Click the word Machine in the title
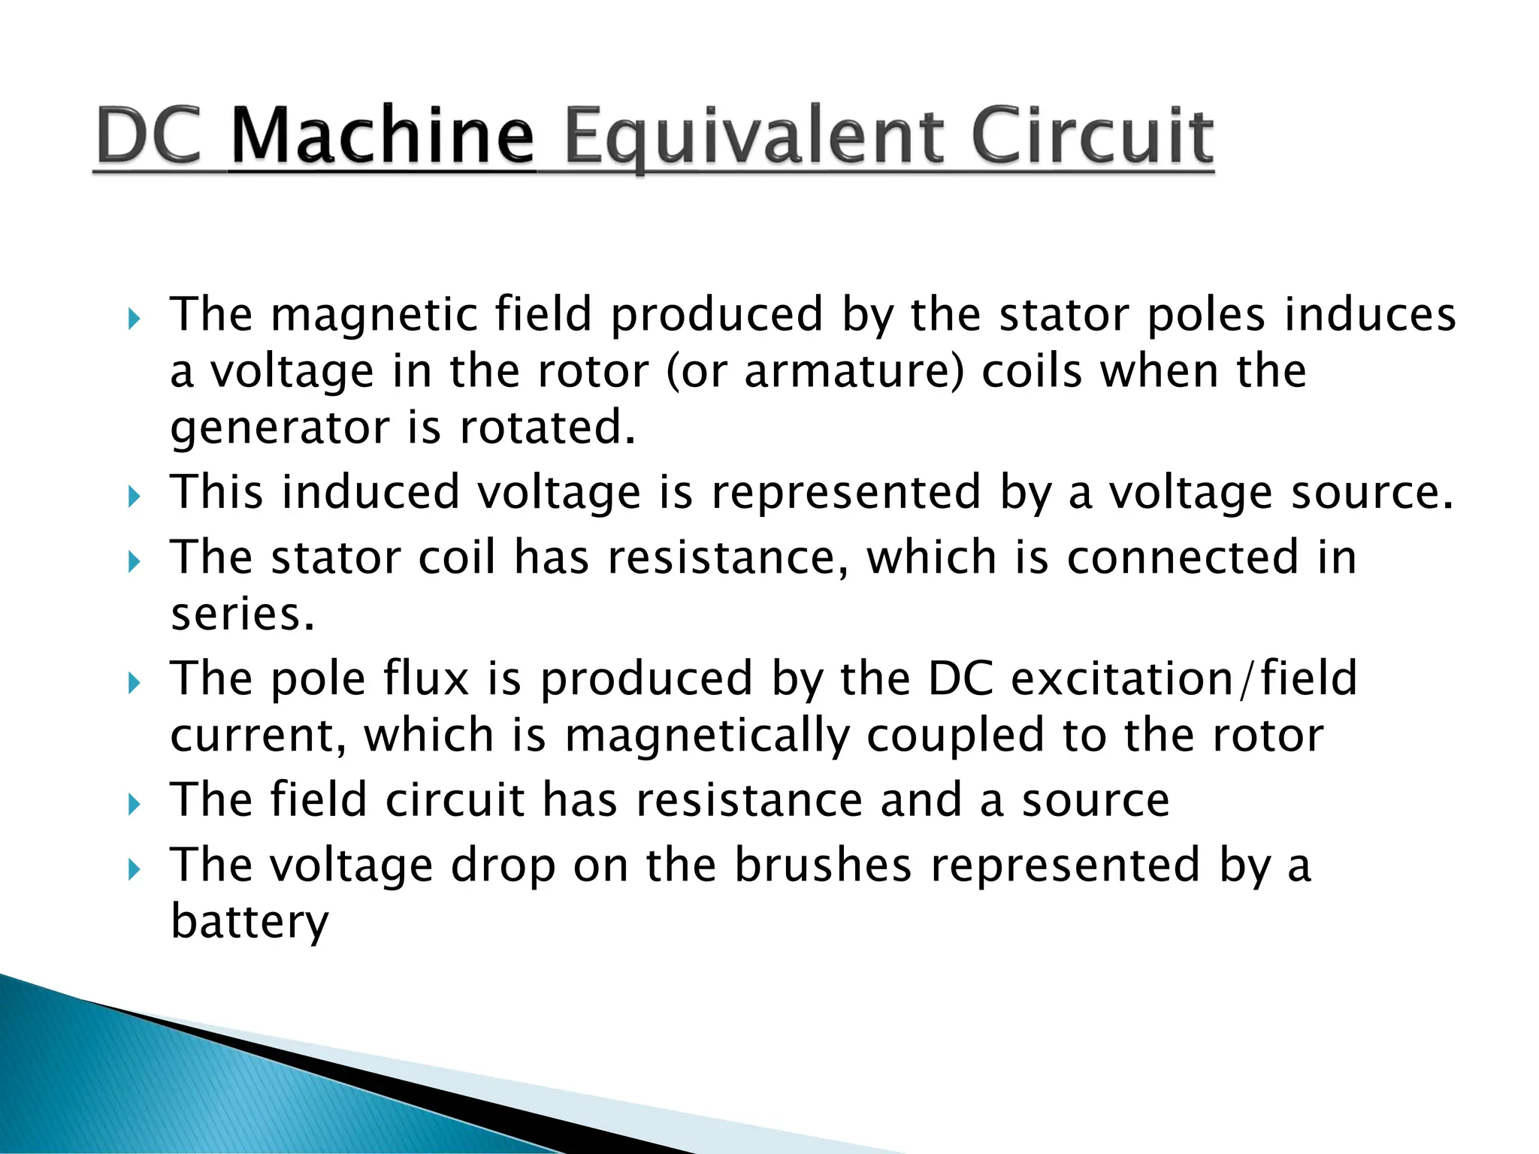click(382, 137)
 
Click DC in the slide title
click(150, 137)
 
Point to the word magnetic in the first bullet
click(373, 314)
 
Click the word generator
click(280, 428)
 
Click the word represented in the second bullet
click(846, 492)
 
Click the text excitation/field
click(1184, 678)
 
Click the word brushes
click(823, 865)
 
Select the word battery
click(249, 922)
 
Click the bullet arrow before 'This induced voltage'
click(134, 497)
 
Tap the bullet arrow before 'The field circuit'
click(134, 805)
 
